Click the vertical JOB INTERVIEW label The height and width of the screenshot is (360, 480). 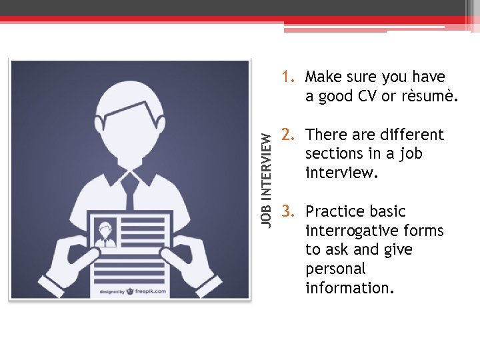coord(266,178)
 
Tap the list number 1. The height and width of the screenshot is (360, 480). coord(287,77)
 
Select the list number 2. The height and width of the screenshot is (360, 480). coord(288,135)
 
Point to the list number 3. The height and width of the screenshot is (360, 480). coord(288,212)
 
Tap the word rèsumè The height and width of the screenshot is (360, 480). coord(429,97)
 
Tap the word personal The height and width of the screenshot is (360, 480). coord(335,269)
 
